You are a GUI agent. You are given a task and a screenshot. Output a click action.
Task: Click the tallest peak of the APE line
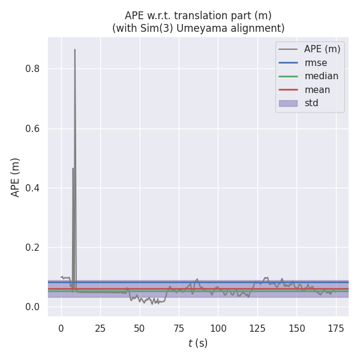coord(75,50)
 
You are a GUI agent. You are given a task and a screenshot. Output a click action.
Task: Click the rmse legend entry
coord(315,62)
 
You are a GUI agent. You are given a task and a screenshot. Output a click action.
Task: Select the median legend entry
coord(321,76)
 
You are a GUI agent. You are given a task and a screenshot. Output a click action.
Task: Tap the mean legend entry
coord(317,90)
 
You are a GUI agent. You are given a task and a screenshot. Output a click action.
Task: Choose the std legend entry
coord(311,103)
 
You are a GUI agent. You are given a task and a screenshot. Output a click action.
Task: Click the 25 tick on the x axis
coord(100,328)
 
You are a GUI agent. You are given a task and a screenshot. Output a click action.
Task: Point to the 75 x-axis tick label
coord(179,328)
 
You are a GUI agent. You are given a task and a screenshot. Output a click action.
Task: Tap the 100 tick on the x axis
coord(218,328)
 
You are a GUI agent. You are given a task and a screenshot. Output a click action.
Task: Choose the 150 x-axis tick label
coord(297,328)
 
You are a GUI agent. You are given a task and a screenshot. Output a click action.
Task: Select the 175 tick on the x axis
coord(336,328)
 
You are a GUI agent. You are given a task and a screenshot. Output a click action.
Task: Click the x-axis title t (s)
coord(198,343)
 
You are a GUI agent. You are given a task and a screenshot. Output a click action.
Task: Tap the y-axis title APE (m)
coord(16,177)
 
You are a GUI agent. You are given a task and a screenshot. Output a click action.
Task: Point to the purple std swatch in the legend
coord(288,103)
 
